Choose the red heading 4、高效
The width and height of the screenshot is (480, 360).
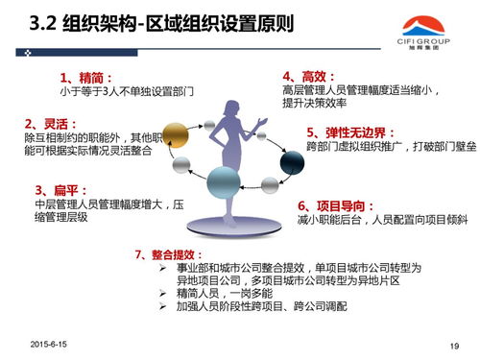tap(309, 75)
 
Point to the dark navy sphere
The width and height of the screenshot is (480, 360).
tap(292, 163)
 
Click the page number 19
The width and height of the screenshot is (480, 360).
tap(454, 345)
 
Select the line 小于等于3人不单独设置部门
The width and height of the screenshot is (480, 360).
tap(127, 91)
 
